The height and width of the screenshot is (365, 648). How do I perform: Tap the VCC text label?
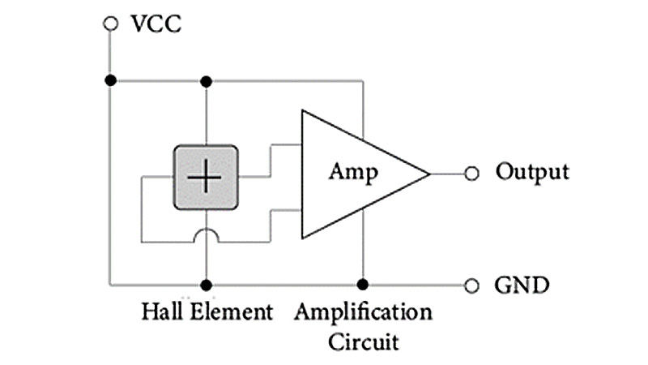(x=156, y=23)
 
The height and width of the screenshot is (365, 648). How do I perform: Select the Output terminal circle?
(x=472, y=174)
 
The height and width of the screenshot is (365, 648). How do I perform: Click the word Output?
(x=532, y=172)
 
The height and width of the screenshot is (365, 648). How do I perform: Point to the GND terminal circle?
(x=472, y=285)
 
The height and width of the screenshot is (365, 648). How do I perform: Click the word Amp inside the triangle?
(x=353, y=172)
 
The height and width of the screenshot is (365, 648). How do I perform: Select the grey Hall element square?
(x=207, y=177)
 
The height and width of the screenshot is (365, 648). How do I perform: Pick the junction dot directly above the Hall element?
(x=207, y=81)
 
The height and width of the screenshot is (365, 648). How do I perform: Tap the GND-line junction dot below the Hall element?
(x=207, y=285)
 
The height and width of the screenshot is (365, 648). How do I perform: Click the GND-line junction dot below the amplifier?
(x=363, y=284)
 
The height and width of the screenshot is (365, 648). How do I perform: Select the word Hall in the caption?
(x=161, y=312)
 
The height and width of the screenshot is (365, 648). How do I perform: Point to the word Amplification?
(x=363, y=312)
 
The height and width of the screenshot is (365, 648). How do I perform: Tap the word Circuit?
(x=363, y=340)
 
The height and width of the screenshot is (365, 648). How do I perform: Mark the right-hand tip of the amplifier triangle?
(x=428, y=174)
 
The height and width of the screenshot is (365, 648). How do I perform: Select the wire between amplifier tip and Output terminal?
(x=447, y=174)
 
